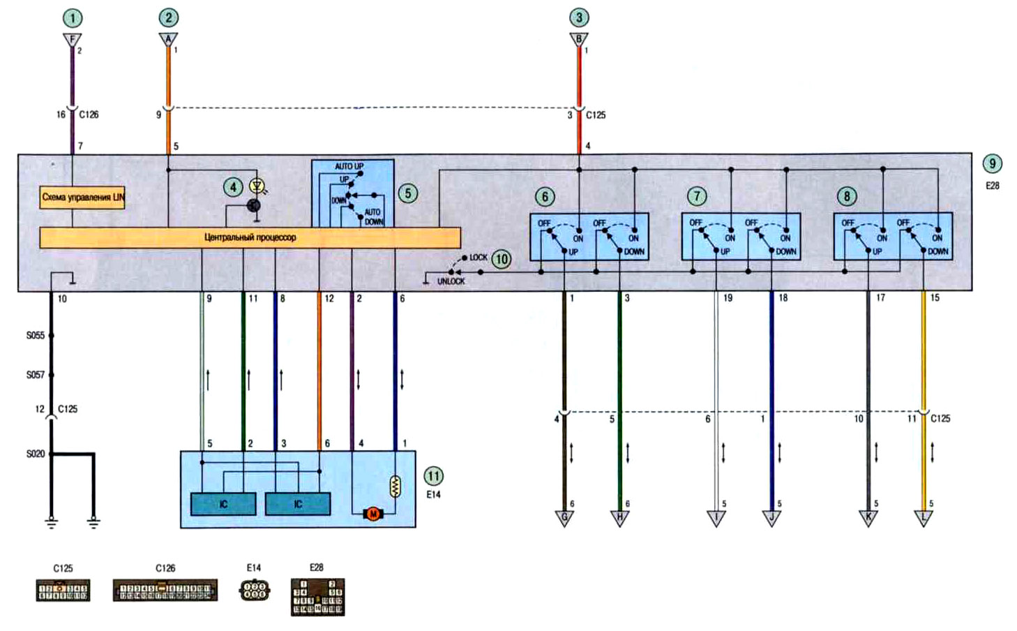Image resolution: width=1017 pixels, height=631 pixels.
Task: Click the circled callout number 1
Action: [72, 18]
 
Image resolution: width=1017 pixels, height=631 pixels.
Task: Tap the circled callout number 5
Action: [408, 193]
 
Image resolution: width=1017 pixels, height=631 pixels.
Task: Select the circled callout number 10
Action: [501, 260]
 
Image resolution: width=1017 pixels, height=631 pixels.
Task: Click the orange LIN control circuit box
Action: [83, 198]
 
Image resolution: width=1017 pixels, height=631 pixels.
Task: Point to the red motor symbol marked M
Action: [372, 514]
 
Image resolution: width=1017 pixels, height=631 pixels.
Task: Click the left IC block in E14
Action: [223, 504]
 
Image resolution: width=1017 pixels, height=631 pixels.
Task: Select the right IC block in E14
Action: [298, 504]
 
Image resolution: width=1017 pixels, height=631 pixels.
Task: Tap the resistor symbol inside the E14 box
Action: [395, 486]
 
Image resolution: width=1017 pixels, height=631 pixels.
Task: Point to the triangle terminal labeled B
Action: [578, 39]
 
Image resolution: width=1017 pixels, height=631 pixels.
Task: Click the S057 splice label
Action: [36, 375]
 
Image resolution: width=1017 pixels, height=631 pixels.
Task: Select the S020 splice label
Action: [36, 454]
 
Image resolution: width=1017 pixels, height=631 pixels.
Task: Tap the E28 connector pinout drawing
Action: [317, 597]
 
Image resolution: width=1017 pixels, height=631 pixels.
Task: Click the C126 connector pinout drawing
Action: [165, 591]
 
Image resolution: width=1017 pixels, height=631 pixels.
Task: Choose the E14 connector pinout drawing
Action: [254, 591]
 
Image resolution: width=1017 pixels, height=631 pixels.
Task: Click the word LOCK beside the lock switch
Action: [479, 258]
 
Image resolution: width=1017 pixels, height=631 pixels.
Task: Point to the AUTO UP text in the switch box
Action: [349, 167]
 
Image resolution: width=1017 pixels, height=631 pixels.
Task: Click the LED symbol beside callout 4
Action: [258, 186]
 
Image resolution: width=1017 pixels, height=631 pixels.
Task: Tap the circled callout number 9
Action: [992, 164]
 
